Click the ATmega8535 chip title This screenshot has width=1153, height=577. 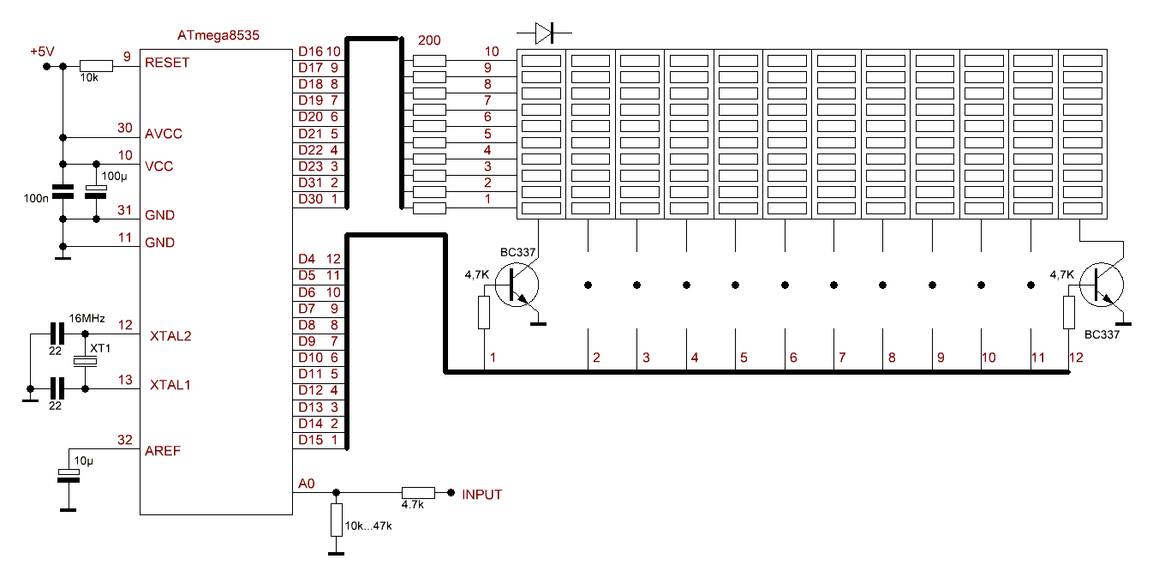(218, 35)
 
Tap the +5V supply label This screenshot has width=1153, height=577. (42, 52)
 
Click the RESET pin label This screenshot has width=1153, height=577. (168, 63)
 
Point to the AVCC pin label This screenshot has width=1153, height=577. (164, 134)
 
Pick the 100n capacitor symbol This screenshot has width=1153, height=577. (62, 191)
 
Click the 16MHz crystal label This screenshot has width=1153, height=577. (87, 318)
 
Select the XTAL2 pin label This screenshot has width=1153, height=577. (170, 335)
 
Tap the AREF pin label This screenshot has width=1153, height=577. (164, 450)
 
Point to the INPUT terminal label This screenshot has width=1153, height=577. (481, 495)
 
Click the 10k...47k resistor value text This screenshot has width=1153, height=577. (367, 526)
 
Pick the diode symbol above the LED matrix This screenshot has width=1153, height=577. (545, 33)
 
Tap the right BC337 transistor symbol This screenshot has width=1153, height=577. (1101, 284)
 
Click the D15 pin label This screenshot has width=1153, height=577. (310, 440)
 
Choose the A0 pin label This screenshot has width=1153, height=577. (306, 484)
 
